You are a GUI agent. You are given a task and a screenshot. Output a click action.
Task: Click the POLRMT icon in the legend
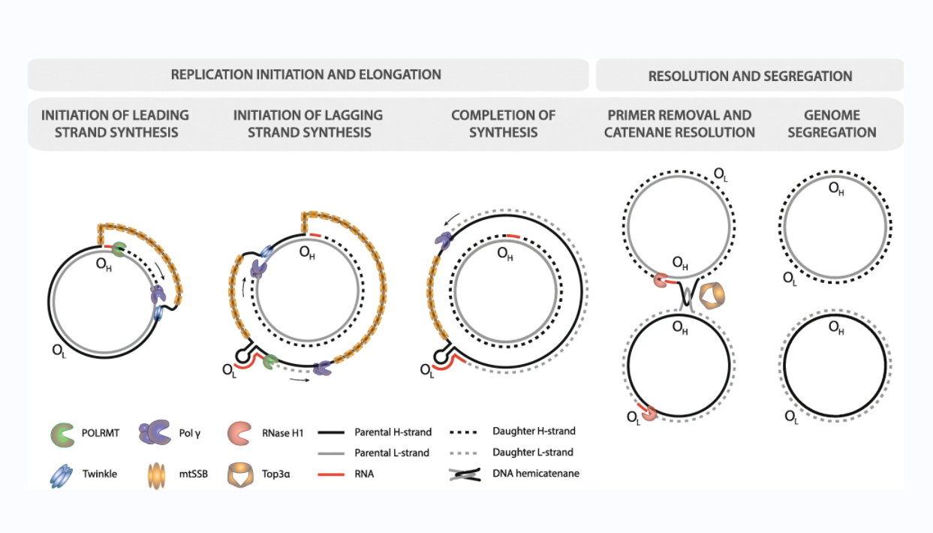[x=62, y=435]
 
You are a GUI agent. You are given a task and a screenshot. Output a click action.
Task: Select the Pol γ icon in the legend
[x=155, y=432]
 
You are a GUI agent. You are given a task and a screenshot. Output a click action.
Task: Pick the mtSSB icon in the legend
[x=157, y=475]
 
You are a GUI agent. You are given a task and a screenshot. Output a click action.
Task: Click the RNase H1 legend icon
[x=239, y=433]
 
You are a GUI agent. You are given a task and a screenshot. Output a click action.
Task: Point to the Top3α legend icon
[x=240, y=474]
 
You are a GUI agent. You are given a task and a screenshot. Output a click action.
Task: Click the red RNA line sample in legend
[x=331, y=474]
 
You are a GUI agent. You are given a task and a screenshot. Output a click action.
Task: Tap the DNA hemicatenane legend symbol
[x=465, y=474]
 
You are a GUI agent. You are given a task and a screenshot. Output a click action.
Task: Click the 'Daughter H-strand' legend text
[x=534, y=431]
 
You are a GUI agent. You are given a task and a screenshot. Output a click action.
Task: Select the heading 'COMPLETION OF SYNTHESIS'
[x=503, y=124]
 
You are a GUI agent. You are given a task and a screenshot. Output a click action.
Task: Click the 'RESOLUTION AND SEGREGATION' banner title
[x=750, y=77]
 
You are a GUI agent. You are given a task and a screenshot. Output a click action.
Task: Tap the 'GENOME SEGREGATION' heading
[x=832, y=124]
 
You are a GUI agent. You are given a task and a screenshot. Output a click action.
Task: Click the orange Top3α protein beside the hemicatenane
[x=712, y=296]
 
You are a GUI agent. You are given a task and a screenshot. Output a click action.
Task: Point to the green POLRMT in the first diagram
[x=119, y=249]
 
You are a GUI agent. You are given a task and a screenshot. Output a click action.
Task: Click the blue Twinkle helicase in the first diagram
[x=158, y=313]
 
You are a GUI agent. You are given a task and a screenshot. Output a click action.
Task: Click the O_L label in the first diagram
[x=59, y=351]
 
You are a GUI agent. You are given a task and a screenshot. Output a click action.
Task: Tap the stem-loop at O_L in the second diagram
[x=244, y=354]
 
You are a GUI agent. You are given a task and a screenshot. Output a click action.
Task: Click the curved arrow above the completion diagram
[x=452, y=218]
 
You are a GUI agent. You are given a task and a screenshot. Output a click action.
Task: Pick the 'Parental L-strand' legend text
[x=392, y=453]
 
